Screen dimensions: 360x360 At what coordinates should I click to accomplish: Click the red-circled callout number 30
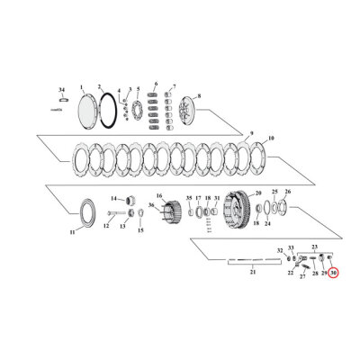point(333,273)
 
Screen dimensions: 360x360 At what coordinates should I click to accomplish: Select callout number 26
point(288,192)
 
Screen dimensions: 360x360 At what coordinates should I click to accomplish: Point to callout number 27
point(302,277)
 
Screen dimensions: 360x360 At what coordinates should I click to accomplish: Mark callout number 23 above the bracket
point(315,246)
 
